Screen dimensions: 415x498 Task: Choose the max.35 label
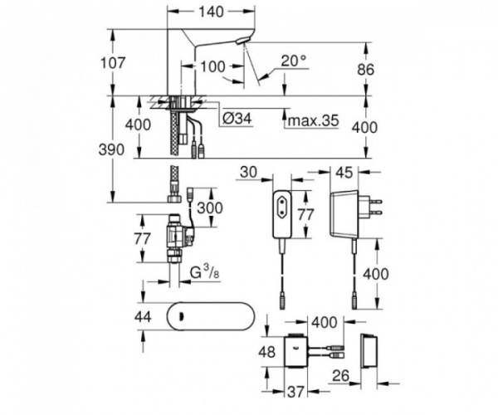[x=312, y=121]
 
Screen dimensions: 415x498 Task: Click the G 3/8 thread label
[x=207, y=271]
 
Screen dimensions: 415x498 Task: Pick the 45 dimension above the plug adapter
[x=346, y=173]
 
